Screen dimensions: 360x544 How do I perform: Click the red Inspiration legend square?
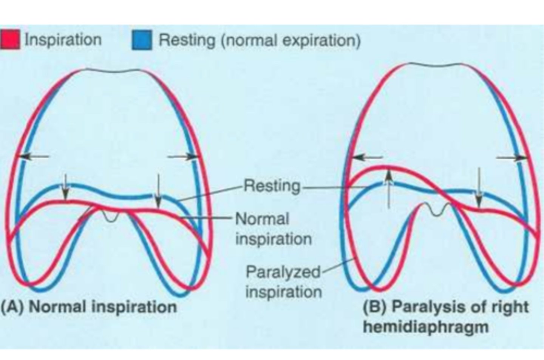coord(10,40)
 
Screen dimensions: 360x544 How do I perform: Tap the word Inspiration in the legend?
coord(63,40)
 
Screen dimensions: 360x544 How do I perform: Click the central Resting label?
coord(272,186)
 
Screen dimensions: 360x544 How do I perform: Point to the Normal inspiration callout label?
coord(273,229)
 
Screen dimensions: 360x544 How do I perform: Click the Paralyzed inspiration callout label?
coord(283,281)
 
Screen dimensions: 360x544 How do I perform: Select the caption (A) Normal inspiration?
coord(89,306)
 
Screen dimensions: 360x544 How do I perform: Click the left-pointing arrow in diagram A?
coord(34,156)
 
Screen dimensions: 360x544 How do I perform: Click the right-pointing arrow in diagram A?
coord(183,156)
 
